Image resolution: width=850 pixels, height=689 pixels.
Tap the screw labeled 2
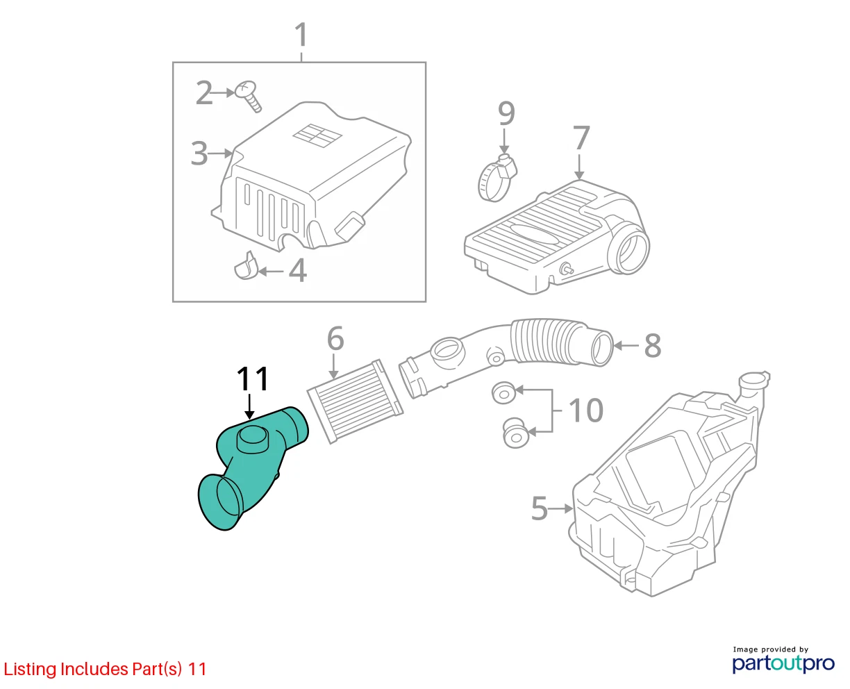point(248,97)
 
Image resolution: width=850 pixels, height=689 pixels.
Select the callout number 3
point(199,153)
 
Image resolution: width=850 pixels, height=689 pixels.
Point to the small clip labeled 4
point(245,267)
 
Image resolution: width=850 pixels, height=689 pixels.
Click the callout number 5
point(539,508)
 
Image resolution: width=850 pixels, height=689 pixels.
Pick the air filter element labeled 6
point(355,401)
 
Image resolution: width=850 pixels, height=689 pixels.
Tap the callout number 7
point(581,138)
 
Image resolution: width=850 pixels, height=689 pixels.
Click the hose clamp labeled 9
point(497,179)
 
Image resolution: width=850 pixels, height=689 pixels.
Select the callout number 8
point(653,346)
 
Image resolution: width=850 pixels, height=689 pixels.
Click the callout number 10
point(585,410)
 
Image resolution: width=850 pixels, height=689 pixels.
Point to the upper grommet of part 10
point(504,393)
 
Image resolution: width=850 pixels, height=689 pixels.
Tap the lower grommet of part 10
point(516,433)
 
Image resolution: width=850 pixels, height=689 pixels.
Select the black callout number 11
point(253,379)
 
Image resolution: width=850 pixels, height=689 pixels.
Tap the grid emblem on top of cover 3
point(317,135)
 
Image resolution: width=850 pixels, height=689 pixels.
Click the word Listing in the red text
point(30,670)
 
